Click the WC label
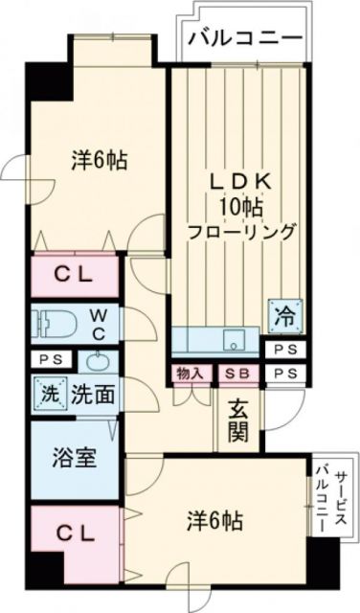[x=99, y=322]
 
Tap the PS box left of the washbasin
[x=45, y=360]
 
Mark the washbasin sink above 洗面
[x=98, y=360]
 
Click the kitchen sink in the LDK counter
[x=230, y=341]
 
